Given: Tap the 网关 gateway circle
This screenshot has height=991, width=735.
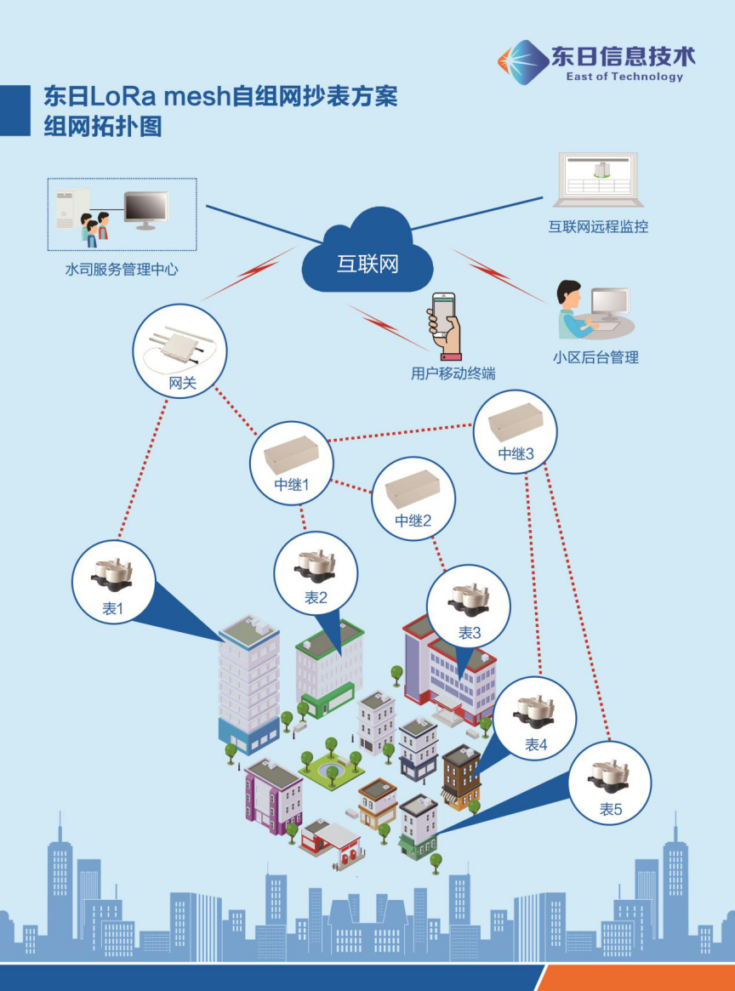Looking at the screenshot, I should coord(180,350).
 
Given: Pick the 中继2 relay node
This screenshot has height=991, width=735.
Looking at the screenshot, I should coord(413,498).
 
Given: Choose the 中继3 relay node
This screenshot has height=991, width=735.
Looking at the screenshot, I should coord(516,431).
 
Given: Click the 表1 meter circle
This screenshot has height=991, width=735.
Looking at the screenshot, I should coord(113,582).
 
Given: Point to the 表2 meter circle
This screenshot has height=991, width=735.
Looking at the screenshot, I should coord(316,572).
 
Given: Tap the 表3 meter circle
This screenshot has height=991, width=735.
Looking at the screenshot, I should coord(469,606).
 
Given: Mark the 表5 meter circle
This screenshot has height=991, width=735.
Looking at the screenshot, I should coord(610,783).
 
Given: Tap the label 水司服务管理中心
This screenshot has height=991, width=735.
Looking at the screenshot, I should coord(122,271).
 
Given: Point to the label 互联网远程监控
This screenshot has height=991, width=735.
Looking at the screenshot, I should coord(598,227).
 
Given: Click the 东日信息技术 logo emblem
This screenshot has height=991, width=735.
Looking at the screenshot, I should coord(522,61).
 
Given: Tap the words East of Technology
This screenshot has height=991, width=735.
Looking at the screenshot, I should coord(624,77).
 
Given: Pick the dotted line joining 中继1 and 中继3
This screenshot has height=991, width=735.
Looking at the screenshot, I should coord(400,432).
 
